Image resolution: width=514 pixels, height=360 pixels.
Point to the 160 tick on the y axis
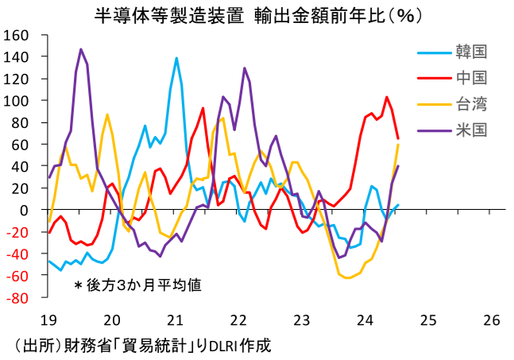[x=17, y=36]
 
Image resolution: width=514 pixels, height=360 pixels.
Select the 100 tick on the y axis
[x=17, y=101]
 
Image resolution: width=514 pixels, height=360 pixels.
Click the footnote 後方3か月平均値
[x=142, y=285]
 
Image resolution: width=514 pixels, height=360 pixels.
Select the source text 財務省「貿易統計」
[x=119, y=346]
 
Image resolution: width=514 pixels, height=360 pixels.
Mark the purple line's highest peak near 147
[x=81, y=49]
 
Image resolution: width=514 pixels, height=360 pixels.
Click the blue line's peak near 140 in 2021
[x=176, y=57]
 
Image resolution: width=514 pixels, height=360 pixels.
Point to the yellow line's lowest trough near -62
[x=347, y=277]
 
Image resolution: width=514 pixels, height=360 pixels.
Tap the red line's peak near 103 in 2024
[x=386, y=98]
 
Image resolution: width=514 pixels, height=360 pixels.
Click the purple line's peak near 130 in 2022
[x=244, y=68]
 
